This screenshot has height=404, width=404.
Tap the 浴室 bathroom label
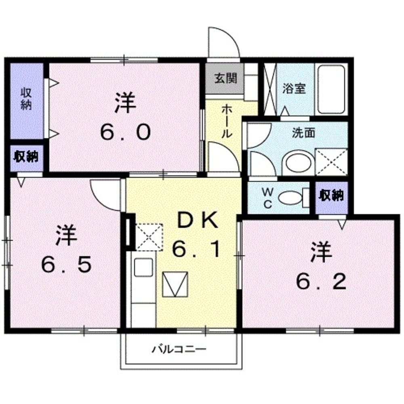[x=294, y=89]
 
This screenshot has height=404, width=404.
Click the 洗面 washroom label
[x=303, y=133]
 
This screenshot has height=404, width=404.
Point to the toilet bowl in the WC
[x=290, y=198]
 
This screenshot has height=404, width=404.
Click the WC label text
[x=267, y=198]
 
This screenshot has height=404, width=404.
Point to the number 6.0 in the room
[x=125, y=132]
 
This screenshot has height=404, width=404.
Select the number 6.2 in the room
[x=321, y=282]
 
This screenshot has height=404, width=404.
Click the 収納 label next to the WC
[x=331, y=196]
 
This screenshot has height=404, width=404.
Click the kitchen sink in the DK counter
[x=143, y=267]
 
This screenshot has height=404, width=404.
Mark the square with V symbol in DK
[x=175, y=284]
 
